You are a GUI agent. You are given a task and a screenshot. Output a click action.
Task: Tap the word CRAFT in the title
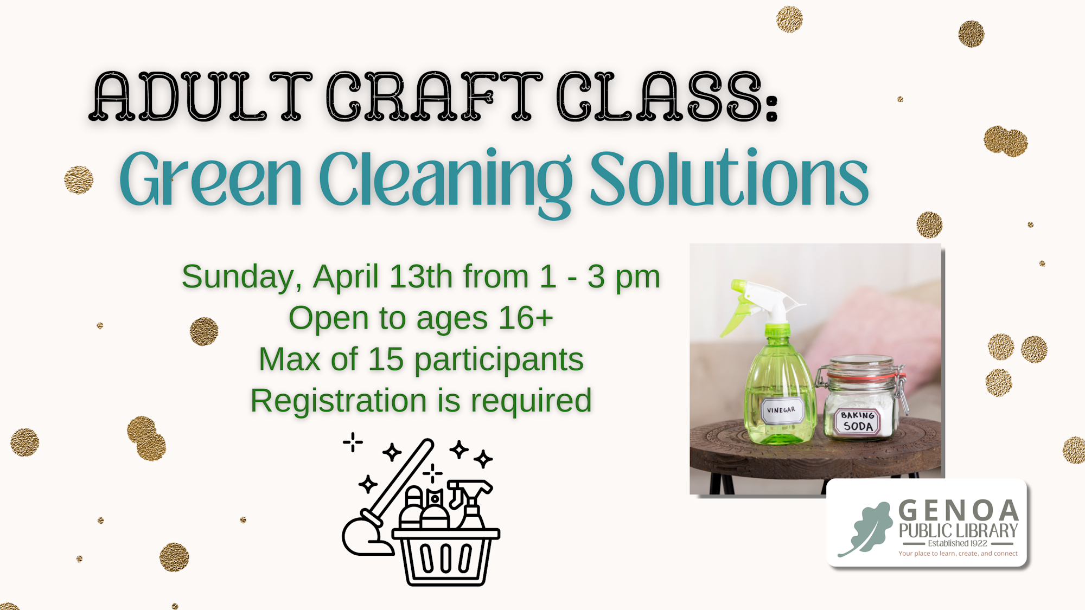pyautogui.click(x=434, y=96)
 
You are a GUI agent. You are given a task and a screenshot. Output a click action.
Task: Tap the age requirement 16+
pyautogui.click(x=526, y=318)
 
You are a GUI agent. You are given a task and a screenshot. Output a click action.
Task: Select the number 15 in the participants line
pyautogui.click(x=386, y=359)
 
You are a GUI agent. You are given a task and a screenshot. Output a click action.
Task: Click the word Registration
pyautogui.click(x=339, y=401)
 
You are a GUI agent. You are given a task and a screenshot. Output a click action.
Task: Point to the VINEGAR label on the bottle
pyautogui.click(x=781, y=410)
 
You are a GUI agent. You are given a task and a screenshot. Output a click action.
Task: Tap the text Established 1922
pyautogui.click(x=958, y=543)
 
